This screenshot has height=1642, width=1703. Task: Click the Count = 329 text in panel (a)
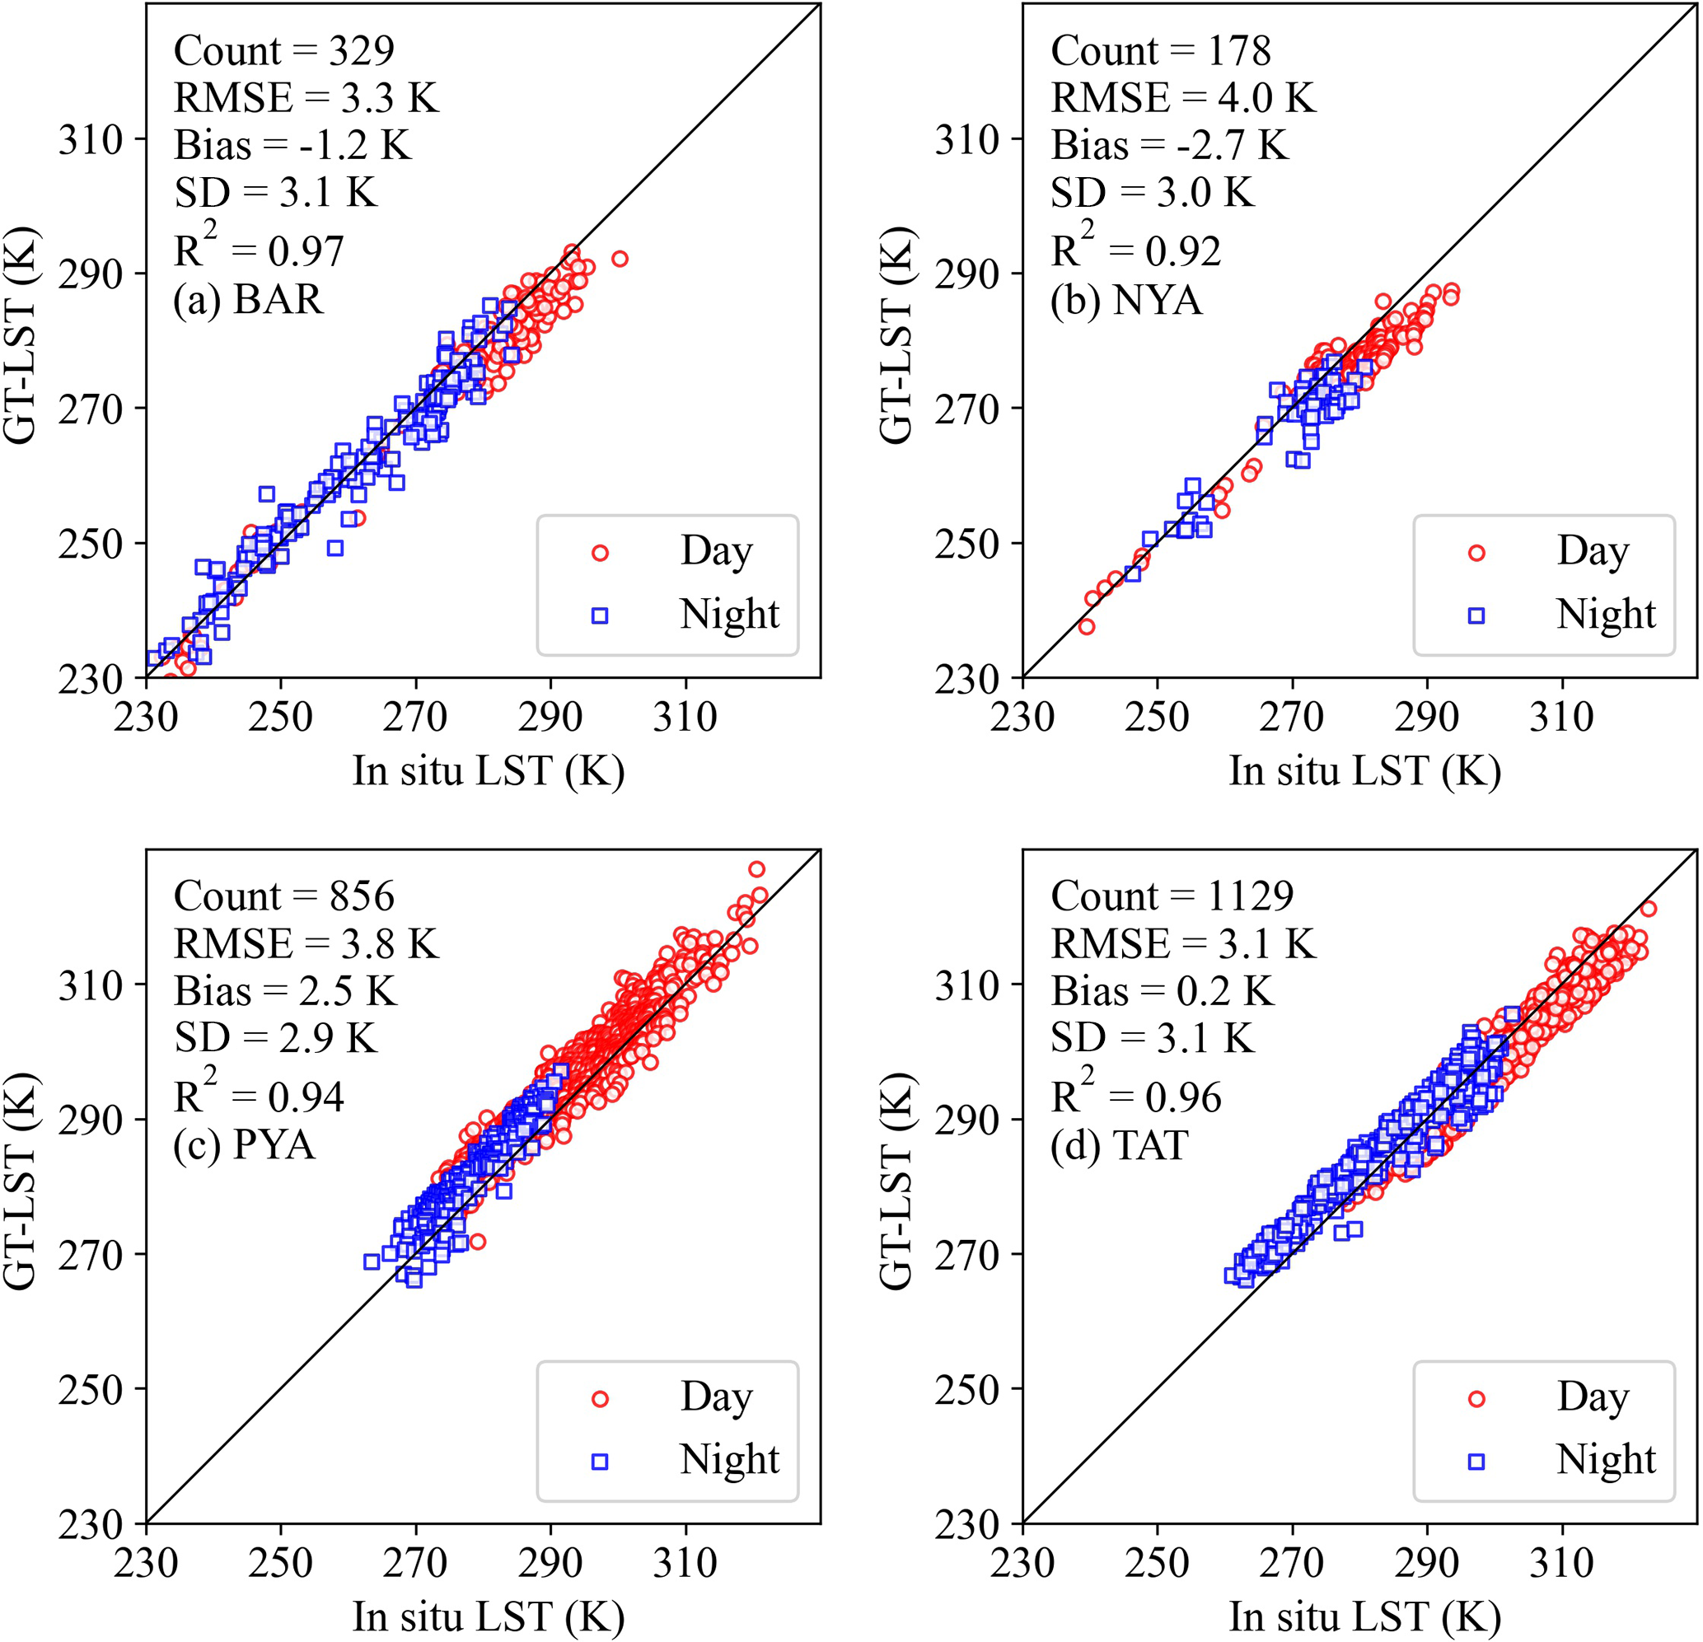[x=284, y=50]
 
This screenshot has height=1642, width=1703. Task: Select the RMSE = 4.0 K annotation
[x=1182, y=97]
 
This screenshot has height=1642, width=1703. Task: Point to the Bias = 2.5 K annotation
[x=285, y=990]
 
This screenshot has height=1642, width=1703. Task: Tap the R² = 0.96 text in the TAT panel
[x=1135, y=1096]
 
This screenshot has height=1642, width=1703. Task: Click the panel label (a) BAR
[x=248, y=300]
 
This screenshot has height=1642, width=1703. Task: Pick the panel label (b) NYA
[x=1126, y=300]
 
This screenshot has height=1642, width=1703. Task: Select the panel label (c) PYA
[x=244, y=1145]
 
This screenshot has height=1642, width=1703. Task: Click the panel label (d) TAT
[x=1119, y=1145]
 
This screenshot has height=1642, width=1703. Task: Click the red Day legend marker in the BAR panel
[x=600, y=553]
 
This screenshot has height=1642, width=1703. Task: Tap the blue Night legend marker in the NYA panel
[x=1476, y=615]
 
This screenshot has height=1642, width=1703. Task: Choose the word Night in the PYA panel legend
[x=729, y=1460]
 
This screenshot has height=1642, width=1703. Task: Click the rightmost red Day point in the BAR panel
[x=620, y=259]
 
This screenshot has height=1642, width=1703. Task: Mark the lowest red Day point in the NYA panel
[x=1086, y=626]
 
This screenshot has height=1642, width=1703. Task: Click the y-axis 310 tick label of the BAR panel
[x=91, y=139]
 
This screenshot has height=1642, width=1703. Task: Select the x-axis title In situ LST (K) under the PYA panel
[x=489, y=1616]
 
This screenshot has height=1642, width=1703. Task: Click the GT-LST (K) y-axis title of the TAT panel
[x=896, y=1181]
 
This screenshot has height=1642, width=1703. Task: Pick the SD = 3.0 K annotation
[x=1152, y=192]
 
